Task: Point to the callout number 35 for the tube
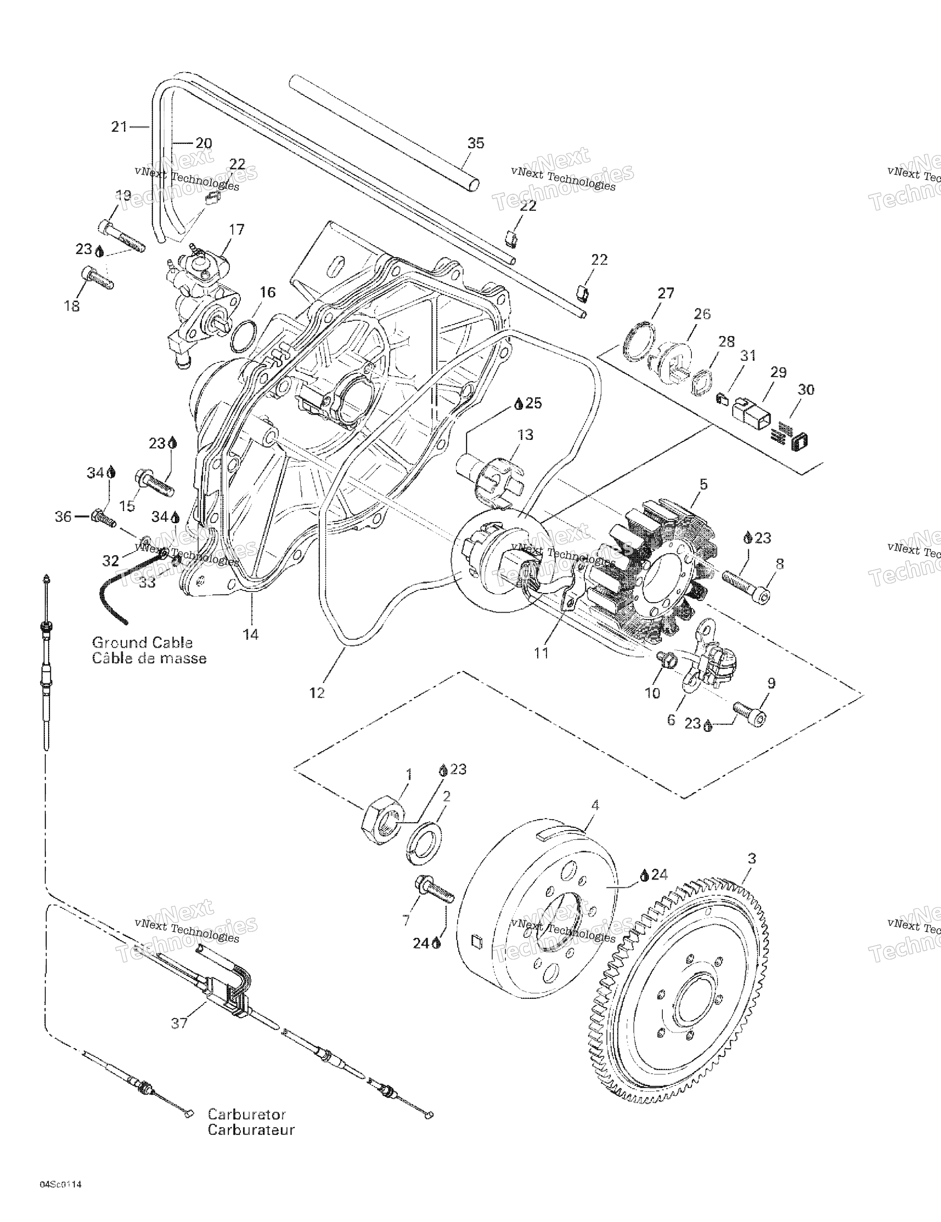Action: [x=476, y=143]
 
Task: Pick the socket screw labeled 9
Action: [x=750, y=713]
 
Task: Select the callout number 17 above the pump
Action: [x=237, y=229]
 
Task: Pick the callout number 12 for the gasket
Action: [x=317, y=693]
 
